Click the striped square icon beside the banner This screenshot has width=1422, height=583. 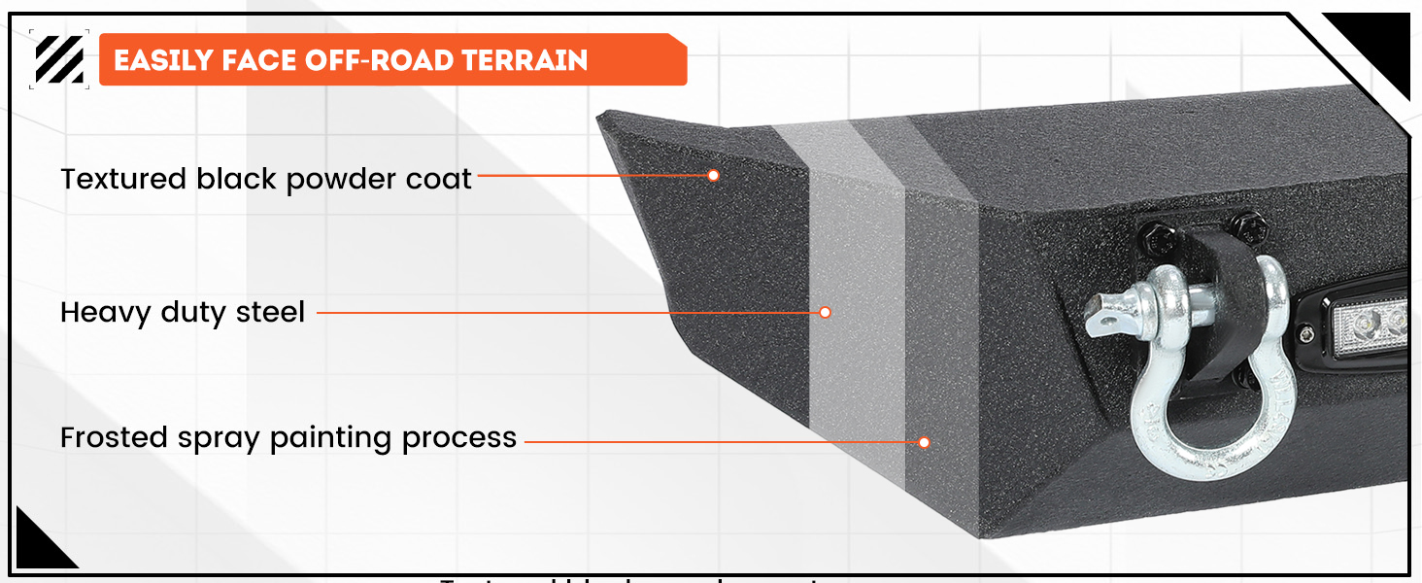pyautogui.click(x=59, y=59)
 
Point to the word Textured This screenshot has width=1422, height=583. pyautogui.click(x=123, y=179)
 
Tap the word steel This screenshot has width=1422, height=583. pyautogui.click(x=270, y=312)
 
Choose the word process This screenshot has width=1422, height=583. pyautogui.click(x=459, y=438)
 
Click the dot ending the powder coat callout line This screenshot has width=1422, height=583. pyautogui.click(x=713, y=176)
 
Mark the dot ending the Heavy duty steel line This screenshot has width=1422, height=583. pyautogui.click(x=825, y=312)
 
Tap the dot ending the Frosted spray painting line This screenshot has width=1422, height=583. pyautogui.click(x=924, y=442)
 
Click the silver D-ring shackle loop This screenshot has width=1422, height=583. pyautogui.click(x=1204, y=428)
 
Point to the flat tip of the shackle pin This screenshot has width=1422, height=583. pyautogui.click(x=1100, y=313)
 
